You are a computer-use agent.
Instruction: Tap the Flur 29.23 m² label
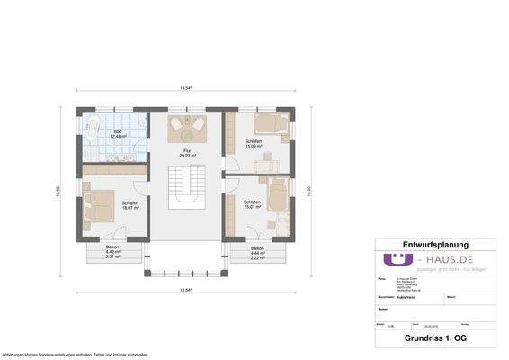coord(187,153)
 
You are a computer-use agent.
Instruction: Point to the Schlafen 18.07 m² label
coord(130,205)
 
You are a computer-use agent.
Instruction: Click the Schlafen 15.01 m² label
coord(252,204)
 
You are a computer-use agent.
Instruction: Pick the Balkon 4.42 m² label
coord(112,251)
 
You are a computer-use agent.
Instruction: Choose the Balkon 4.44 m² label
coord(257,251)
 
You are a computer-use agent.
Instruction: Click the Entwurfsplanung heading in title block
coord(434,245)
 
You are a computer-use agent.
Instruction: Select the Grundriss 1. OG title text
coord(434,339)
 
